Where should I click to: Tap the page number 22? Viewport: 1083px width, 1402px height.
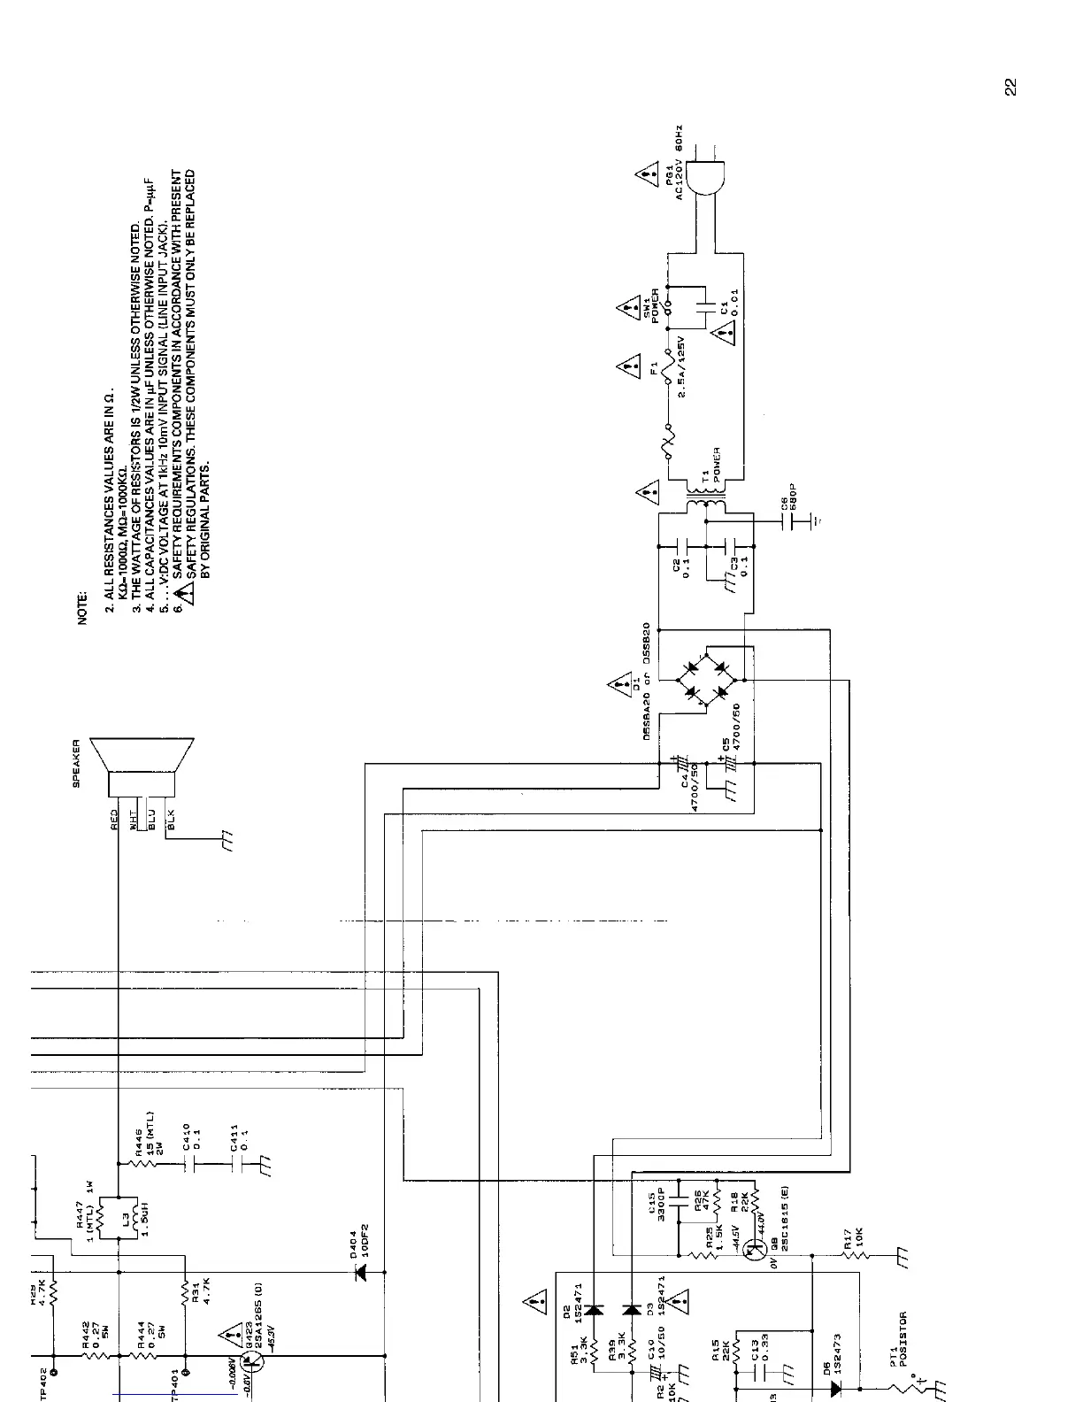tap(1010, 87)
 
